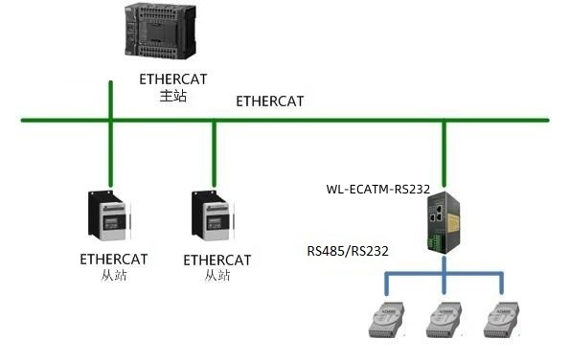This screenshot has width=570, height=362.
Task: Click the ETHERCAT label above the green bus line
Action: pyautogui.click(x=269, y=100)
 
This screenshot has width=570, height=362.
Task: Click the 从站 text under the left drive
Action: pyautogui.click(x=113, y=276)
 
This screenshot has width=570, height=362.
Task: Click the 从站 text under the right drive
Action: pyautogui.click(x=217, y=276)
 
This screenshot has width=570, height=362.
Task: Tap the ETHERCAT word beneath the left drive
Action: pyautogui.click(x=113, y=259)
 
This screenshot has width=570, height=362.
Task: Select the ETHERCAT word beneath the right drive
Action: pyautogui.click(x=217, y=260)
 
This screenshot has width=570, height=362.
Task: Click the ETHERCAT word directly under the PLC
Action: pyautogui.click(x=172, y=79)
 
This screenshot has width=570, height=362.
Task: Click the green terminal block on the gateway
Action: pyautogui.click(x=443, y=248)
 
